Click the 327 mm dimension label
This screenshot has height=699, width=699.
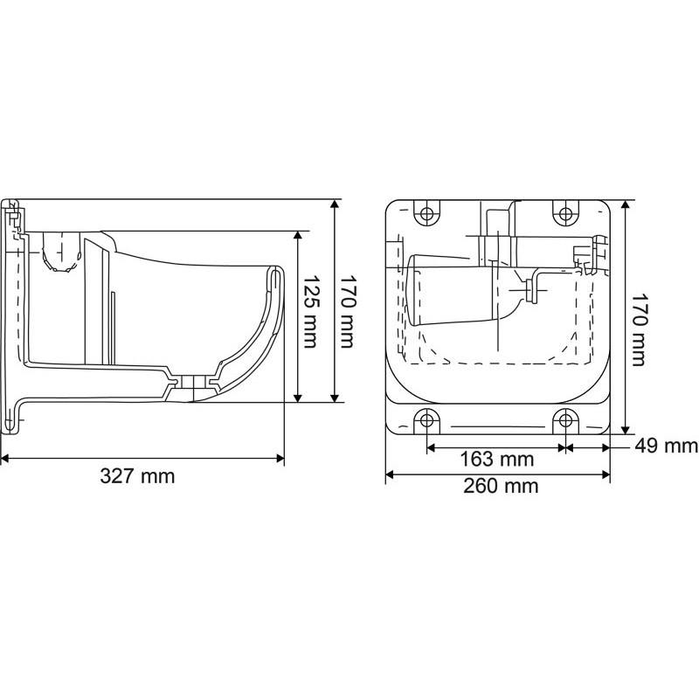(x=137, y=476)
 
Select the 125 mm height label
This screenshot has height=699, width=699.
(x=311, y=315)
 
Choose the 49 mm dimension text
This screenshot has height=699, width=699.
(x=666, y=446)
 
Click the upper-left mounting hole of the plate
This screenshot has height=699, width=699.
(x=426, y=213)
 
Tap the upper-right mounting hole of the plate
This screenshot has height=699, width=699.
(x=565, y=213)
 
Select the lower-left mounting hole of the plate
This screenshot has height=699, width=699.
(x=426, y=419)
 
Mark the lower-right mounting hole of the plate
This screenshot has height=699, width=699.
(x=565, y=419)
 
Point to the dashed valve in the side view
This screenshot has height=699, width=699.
(x=56, y=253)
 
